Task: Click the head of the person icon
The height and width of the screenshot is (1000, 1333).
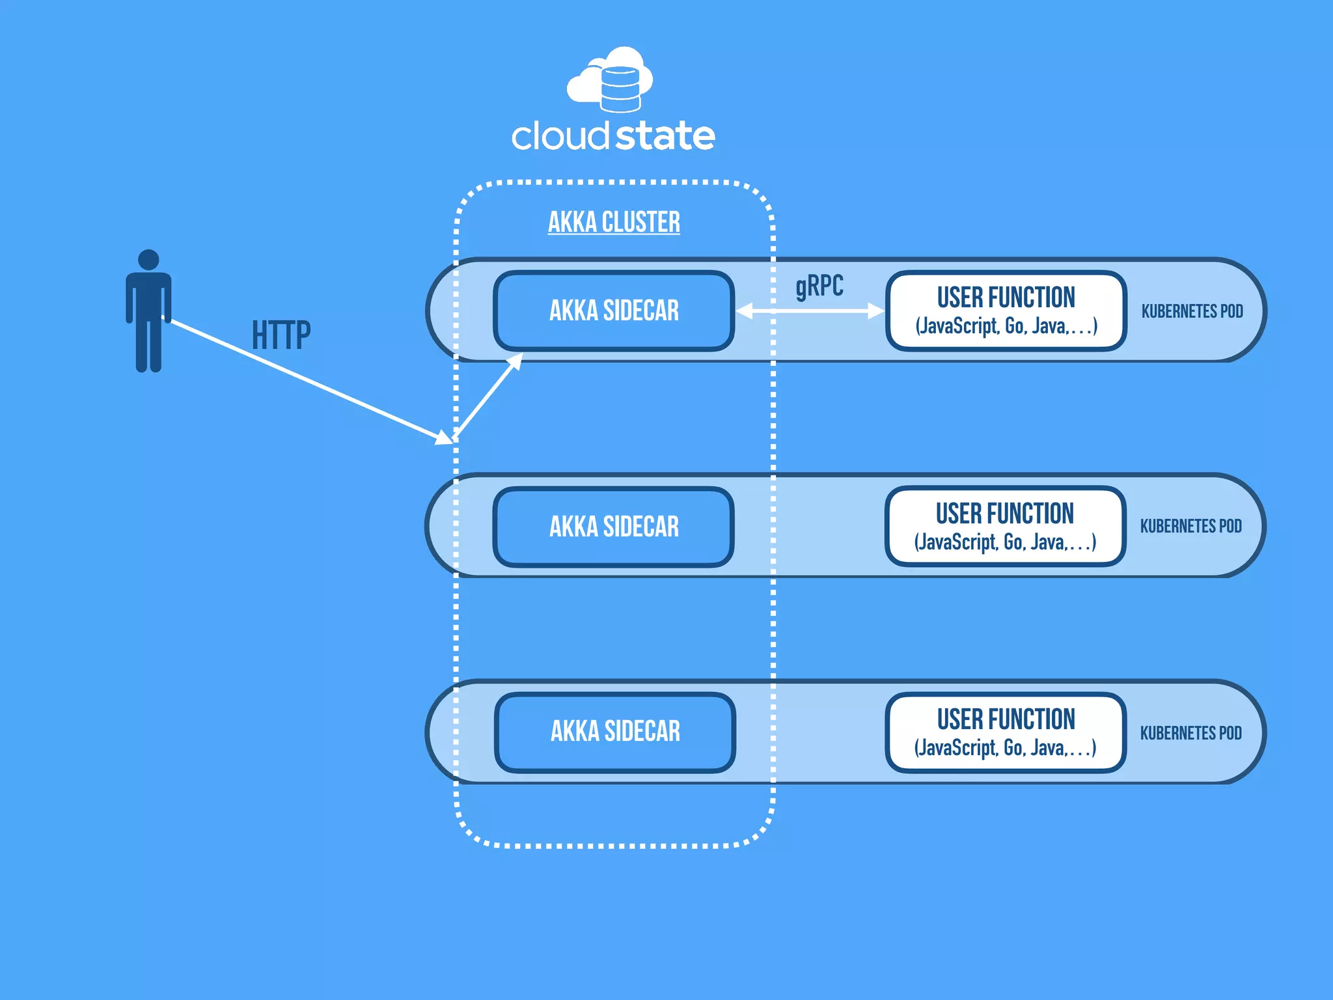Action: (x=148, y=260)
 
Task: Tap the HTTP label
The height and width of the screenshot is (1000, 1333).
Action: (x=281, y=336)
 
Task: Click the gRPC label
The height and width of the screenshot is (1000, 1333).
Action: (x=819, y=286)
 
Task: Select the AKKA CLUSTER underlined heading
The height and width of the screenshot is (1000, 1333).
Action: (x=614, y=222)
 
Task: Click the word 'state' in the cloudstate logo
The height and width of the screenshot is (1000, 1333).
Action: (x=665, y=136)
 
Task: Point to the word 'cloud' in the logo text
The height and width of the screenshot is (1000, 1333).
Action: (x=560, y=136)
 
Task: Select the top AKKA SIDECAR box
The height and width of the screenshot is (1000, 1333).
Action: (x=614, y=311)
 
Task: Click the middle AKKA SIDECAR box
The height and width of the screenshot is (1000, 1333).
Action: (x=614, y=527)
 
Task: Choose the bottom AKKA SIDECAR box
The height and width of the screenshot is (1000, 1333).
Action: (x=615, y=732)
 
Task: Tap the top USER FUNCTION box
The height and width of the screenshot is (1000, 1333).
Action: (x=1006, y=311)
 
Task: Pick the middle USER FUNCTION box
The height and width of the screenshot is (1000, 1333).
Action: (x=1005, y=526)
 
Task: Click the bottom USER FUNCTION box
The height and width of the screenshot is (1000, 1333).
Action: (x=1006, y=732)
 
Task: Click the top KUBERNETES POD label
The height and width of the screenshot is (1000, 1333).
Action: (x=1192, y=311)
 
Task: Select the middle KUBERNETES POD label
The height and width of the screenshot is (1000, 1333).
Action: (x=1190, y=526)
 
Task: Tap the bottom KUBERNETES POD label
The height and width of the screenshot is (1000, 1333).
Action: (x=1190, y=733)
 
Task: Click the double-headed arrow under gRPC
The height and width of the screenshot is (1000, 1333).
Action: (x=810, y=311)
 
